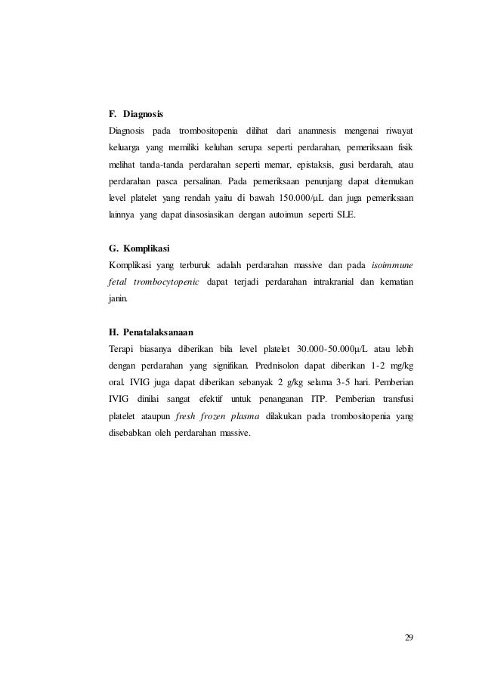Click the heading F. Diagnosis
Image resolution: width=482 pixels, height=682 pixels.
[x=136, y=114]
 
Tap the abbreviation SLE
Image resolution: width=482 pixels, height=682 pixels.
[x=341, y=214]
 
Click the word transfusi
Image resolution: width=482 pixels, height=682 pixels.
[x=394, y=398]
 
